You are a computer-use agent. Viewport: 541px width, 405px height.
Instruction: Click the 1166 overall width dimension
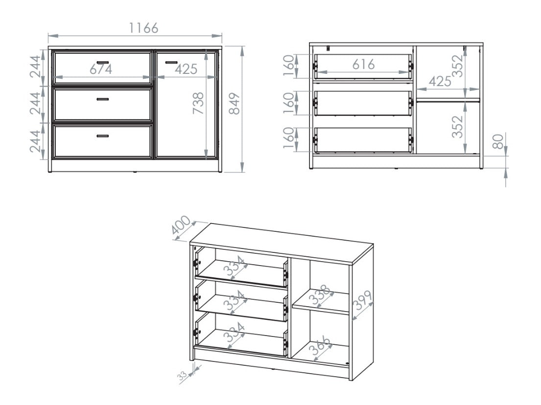click(x=143, y=28)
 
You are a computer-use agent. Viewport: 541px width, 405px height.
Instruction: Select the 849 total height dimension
click(x=235, y=103)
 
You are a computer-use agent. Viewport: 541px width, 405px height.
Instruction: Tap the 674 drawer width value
click(x=101, y=69)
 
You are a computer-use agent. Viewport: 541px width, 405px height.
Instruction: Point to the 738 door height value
click(x=198, y=103)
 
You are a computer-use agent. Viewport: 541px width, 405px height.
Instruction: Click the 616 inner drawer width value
click(x=362, y=64)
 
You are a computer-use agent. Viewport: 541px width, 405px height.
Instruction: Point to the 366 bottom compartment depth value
click(x=320, y=348)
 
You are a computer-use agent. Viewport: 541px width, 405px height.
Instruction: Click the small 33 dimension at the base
click(x=182, y=376)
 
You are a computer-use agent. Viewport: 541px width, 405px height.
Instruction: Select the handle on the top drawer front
click(x=102, y=62)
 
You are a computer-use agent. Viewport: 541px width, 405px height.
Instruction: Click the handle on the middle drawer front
click(x=102, y=99)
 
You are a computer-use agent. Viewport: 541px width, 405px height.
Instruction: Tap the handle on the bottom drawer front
click(x=102, y=136)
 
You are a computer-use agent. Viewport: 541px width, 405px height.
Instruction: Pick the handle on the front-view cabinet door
click(x=171, y=62)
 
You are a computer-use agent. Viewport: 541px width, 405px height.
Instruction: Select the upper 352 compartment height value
click(x=457, y=67)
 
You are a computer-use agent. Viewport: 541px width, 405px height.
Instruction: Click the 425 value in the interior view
click(x=440, y=81)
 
